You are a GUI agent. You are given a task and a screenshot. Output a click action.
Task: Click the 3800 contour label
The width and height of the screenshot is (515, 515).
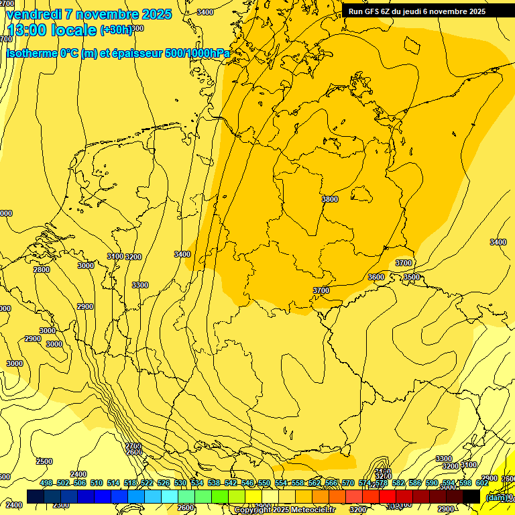[330, 199]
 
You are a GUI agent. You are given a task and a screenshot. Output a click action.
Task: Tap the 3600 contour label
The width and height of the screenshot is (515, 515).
[376, 277]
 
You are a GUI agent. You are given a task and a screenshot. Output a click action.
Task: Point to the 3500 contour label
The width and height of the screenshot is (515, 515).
[411, 277]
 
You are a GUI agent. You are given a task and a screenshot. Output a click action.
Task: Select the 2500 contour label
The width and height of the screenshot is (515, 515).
[44, 461]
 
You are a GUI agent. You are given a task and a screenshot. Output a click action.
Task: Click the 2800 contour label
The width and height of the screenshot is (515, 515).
[42, 270]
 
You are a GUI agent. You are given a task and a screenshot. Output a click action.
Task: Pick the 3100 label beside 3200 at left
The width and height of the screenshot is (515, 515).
[115, 257]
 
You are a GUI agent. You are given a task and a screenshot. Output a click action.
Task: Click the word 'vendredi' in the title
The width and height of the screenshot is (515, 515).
[33, 14]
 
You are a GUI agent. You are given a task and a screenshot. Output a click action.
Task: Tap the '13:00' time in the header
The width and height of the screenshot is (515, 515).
[26, 30]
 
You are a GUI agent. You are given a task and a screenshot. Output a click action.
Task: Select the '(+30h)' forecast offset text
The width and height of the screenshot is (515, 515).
[116, 30]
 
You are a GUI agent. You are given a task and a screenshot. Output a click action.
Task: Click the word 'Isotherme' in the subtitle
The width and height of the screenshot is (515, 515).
[31, 54]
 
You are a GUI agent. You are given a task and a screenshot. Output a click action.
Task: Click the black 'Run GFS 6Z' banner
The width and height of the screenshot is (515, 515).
[416, 11]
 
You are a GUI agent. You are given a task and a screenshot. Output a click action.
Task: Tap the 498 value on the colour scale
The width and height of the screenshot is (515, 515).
[46, 483]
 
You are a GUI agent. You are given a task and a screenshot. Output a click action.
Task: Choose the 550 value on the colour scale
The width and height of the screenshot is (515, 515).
[264, 483]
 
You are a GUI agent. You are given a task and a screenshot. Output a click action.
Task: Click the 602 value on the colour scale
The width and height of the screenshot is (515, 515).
[482, 483]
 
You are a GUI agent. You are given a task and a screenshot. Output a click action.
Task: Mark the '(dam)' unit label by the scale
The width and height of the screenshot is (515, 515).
[496, 498]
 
